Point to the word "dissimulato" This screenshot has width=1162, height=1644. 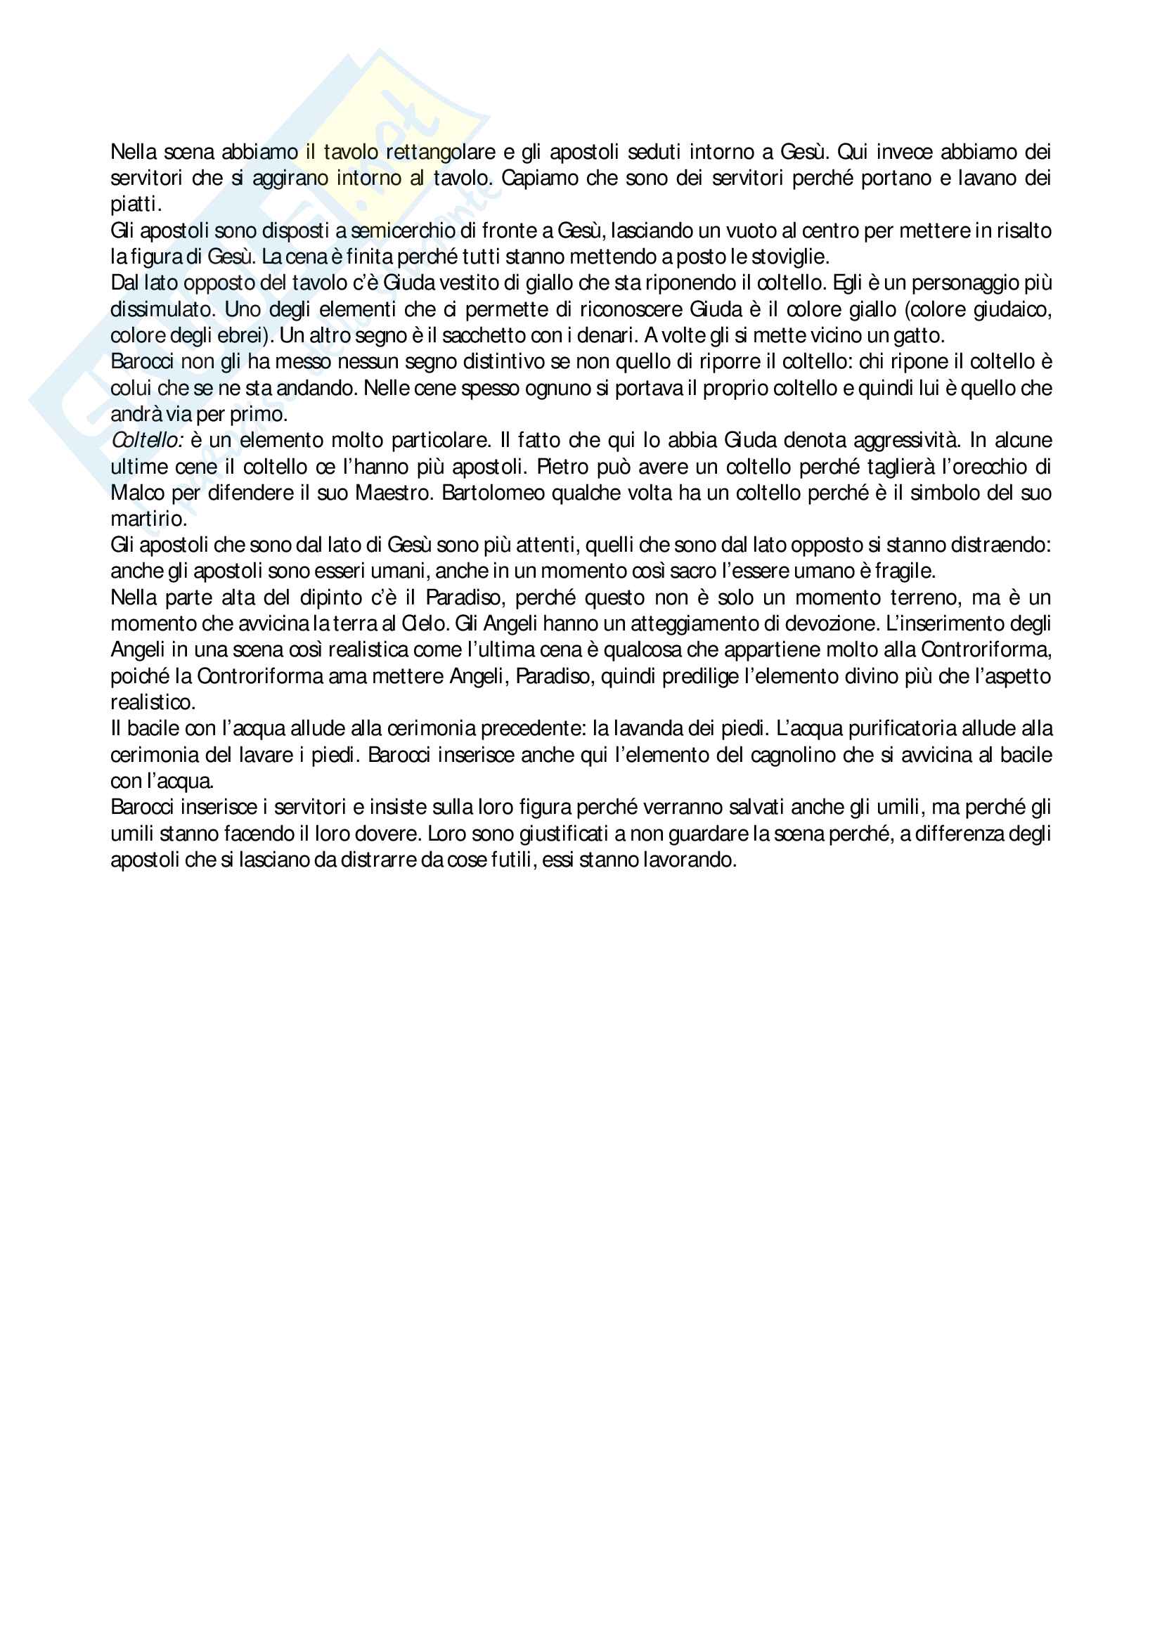click(162, 310)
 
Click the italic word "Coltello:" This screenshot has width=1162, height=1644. click(147, 441)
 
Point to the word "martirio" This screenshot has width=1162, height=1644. click(148, 519)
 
